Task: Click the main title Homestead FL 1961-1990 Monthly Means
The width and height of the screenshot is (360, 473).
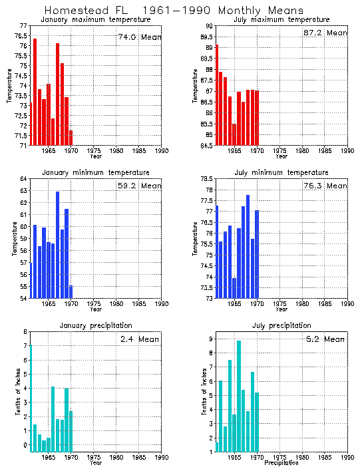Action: (174, 10)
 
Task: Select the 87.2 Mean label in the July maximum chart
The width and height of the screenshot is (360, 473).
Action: (325, 33)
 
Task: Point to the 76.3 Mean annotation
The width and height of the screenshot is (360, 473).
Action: (325, 186)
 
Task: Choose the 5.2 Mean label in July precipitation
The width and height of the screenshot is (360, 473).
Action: (325, 339)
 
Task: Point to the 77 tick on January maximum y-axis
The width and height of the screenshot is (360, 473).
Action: (23, 26)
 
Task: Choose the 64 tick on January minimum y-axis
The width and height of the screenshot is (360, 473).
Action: (23, 179)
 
